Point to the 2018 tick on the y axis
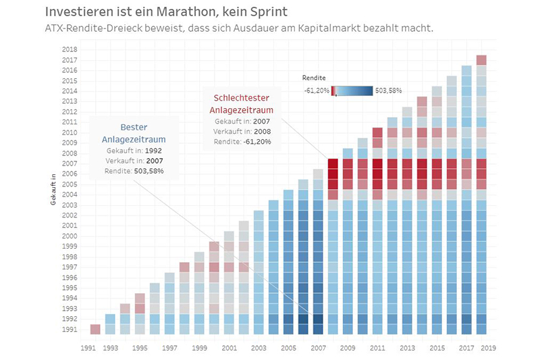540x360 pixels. [70, 49]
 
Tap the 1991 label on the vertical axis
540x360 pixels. [70, 330]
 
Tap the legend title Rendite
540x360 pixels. [313, 78]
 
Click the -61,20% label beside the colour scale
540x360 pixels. [316, 91]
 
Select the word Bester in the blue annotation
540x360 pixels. [134, 127]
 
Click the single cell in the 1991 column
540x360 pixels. [95, 330]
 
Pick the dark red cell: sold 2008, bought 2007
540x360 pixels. [333, 163]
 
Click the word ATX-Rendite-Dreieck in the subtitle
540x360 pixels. [92, 28]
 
